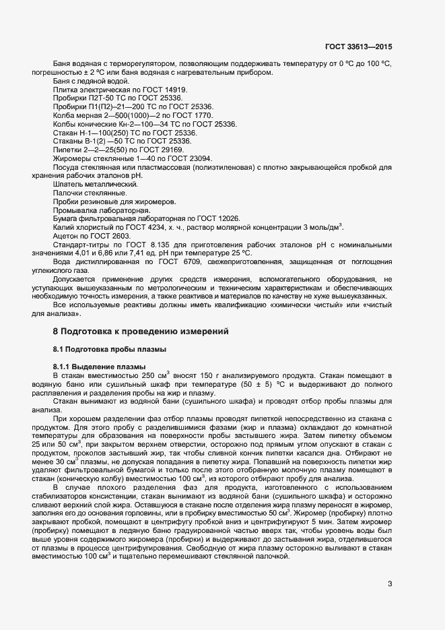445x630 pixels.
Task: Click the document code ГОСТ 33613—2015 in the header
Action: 358,47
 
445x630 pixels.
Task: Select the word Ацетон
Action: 65,236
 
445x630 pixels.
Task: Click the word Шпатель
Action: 68,184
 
